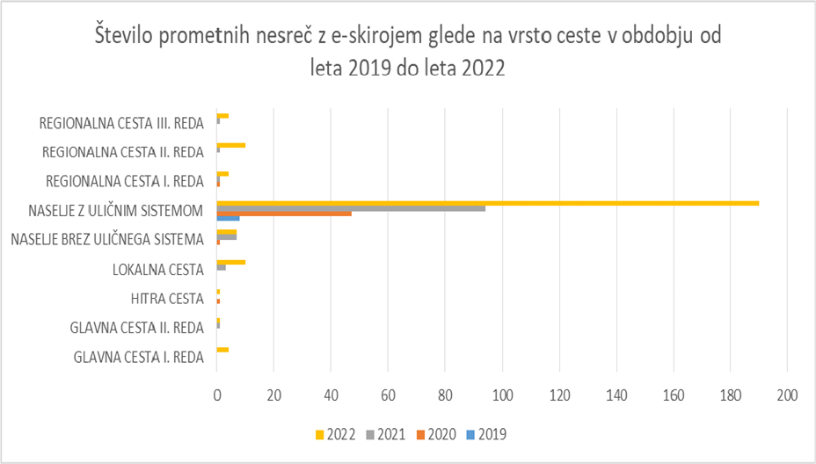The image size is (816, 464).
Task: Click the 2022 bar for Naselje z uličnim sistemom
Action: (487, 203)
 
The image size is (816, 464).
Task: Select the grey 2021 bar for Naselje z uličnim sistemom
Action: (351, 208)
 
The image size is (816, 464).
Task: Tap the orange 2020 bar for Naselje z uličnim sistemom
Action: (284, 213)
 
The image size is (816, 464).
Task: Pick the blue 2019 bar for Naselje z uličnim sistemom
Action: (228, 217)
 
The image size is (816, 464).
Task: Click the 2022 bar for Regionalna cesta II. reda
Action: (231, 145)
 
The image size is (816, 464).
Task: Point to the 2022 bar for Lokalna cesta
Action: (231, 262)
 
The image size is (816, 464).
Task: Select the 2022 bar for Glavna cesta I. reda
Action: (222, 350)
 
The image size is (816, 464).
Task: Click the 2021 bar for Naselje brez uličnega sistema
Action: (227, 237)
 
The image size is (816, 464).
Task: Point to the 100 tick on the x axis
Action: (502, 396)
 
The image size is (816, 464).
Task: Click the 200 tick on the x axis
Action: (788, 396)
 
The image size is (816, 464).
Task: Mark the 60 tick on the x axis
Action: (388, 396)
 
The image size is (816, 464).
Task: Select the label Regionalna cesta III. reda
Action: (122, 122)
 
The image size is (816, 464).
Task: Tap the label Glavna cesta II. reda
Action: (137, 328)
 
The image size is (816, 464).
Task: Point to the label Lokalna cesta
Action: (158, 269)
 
